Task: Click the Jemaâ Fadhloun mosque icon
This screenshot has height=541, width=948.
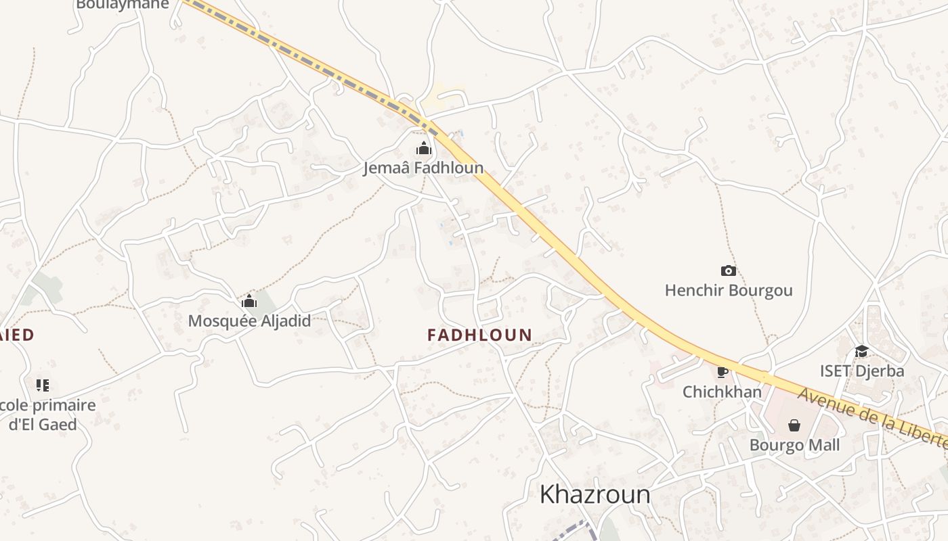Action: click(424, 148)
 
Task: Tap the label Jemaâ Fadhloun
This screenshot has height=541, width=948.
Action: click(423, 168)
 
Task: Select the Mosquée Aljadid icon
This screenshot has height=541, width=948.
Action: click(249, 301)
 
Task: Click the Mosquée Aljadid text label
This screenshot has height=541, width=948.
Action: click(249, 321)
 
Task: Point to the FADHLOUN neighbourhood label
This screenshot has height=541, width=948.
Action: click(479, 335)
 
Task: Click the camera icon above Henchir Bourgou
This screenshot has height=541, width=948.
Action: click(729, 271)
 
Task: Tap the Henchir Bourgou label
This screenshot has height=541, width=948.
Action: click(729, 291)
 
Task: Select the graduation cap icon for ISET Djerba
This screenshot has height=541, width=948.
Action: click(861, 351)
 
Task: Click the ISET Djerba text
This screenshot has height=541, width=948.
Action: click(861, 371)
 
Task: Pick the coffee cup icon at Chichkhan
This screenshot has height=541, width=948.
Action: click(723, 371)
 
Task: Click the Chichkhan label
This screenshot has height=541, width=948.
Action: click(722, 392)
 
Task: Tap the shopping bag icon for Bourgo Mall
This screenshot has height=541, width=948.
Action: click(794, 425)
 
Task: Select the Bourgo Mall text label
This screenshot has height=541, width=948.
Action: click(794, 445)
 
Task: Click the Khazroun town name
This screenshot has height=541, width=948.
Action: click(595, 494)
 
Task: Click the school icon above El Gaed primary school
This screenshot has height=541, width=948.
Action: click(43, 385)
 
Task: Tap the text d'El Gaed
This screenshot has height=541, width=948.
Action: click(43, 425)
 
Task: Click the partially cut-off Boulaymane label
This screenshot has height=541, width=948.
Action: click(122, 4)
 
